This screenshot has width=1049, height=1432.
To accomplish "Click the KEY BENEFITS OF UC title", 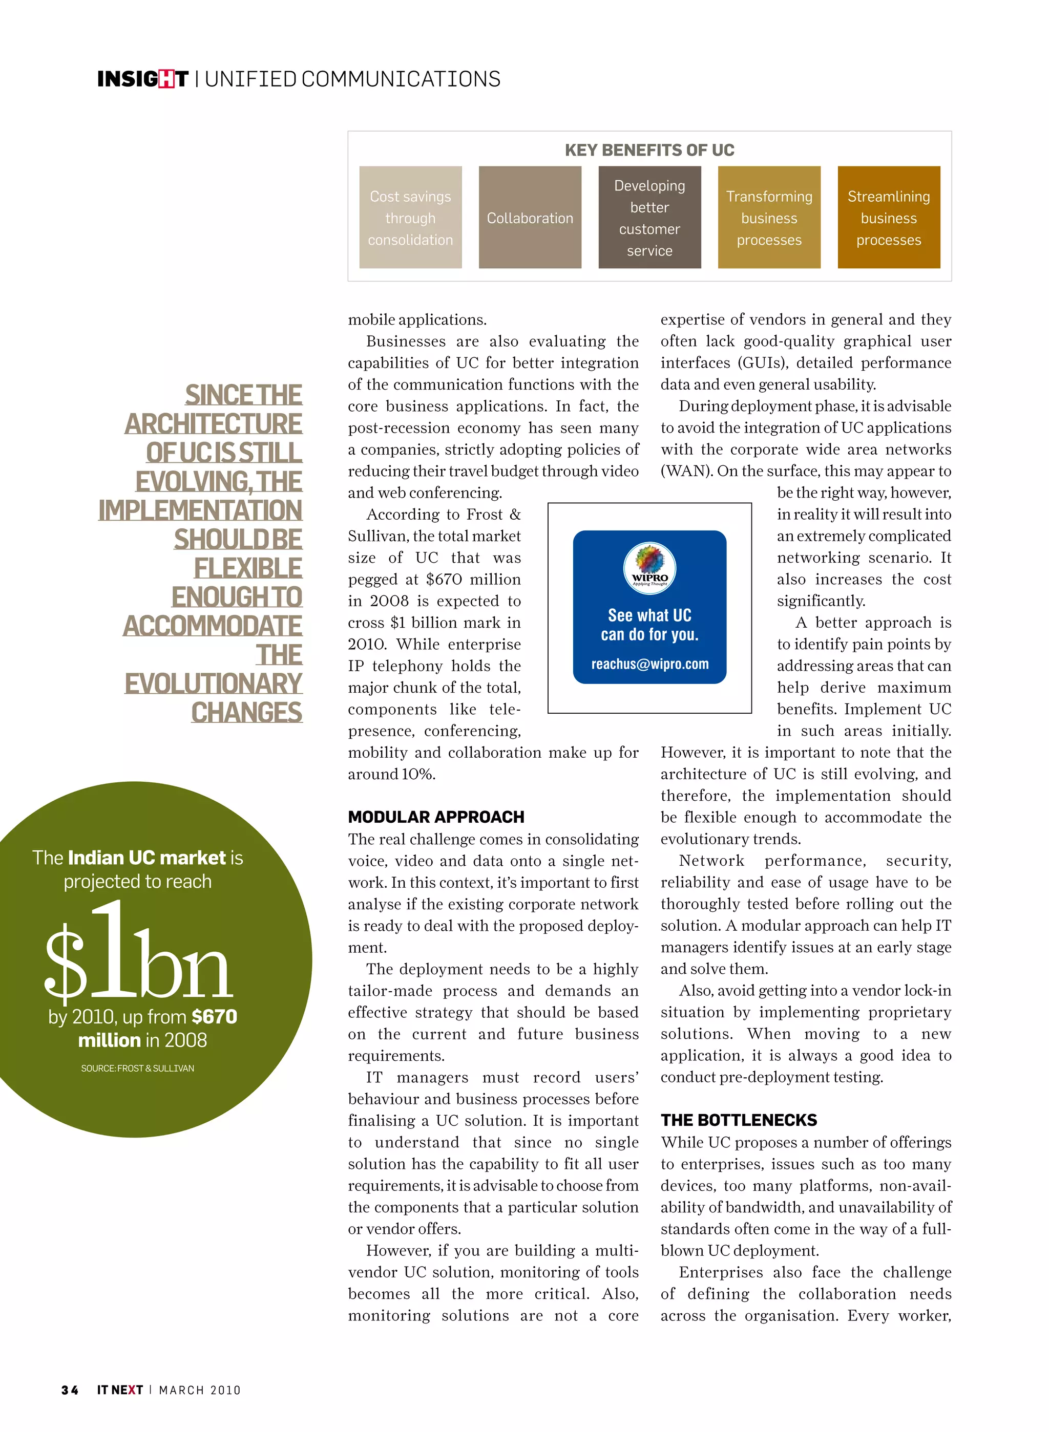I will click(649, 151).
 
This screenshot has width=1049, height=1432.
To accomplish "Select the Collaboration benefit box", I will click(530, 218).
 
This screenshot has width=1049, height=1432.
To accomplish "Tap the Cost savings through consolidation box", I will click(410, 218).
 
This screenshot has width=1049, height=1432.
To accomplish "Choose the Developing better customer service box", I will click(649, 218).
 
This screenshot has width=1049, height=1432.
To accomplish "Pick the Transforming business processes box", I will click(768, 218).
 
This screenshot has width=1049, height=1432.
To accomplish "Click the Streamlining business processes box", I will click(888, 218).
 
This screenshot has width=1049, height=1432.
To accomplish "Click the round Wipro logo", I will click(649, 567).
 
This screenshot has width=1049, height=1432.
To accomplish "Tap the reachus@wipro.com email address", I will click(649, 664).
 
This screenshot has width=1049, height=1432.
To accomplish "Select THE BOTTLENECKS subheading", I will click(739, 1120).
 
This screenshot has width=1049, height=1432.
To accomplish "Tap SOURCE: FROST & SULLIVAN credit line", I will click(138, 1068).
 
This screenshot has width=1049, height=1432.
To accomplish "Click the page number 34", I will click(70, 1390).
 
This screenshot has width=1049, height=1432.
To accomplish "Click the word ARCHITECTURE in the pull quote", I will click(214, 424).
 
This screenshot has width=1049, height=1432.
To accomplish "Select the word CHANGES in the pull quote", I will click(246, 713).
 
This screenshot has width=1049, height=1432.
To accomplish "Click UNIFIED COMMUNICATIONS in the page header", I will click(352, 79).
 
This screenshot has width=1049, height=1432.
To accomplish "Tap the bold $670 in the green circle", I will click(214, 1016).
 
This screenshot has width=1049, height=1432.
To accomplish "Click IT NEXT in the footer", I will click(119, 1390).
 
